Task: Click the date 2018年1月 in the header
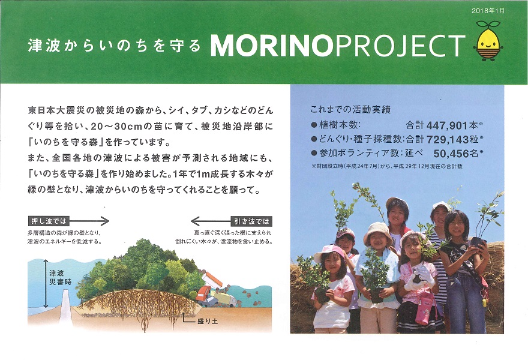[488, 11]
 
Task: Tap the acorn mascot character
[488, 41]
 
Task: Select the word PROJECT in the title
[401, 46]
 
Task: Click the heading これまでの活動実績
[350, 109]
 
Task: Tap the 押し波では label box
[49, 221]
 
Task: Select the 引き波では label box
[251, 221]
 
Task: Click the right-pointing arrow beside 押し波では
[89, 221]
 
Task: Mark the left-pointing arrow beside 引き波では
[211, 221]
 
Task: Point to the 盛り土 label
[208, 321]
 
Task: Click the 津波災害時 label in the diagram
[60, 277]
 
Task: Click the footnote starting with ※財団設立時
[387, 166]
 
